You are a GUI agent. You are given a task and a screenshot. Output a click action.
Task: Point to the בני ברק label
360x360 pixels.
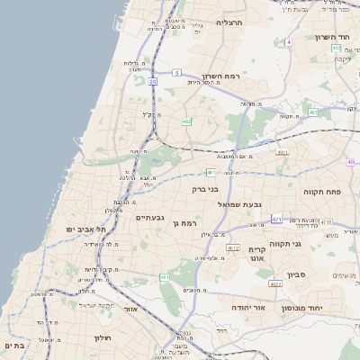pyautogui.click(x=205, y=189)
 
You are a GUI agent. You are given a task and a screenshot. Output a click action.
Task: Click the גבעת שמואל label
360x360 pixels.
pyautogui.click(x=245, y=204)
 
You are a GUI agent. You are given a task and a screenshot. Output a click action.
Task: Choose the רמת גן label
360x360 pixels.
pyautogui.click(x=184, y=222)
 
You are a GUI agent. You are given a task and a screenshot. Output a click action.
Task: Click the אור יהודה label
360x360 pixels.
pyautogui.click(x=238, y=307)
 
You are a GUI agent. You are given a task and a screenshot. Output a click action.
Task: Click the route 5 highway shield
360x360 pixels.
pyautogui.click(x=177, y=72)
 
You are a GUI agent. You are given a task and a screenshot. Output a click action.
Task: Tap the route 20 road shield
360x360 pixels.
pyautogui.click(x=153, y=82)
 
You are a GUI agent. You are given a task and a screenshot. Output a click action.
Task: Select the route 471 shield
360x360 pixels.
pyautogui.click(x=276, y=219)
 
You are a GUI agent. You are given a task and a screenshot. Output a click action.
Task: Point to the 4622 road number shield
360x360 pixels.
pyautogui.click(x=274, y=284)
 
